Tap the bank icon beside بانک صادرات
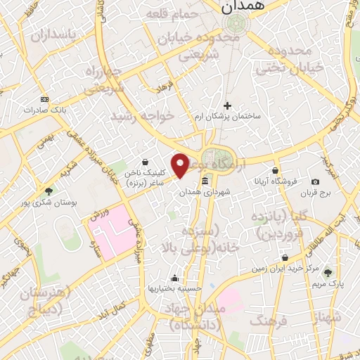coord(45,99)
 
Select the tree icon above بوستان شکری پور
coord(49,191)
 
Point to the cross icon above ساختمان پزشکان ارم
coord(227,105)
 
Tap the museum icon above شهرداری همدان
coord(205,182)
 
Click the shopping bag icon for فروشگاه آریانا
coord(274,171)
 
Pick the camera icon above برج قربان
coord(315,182)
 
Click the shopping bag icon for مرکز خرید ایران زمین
coord(284,258)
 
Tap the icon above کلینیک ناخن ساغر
coord(145,161)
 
